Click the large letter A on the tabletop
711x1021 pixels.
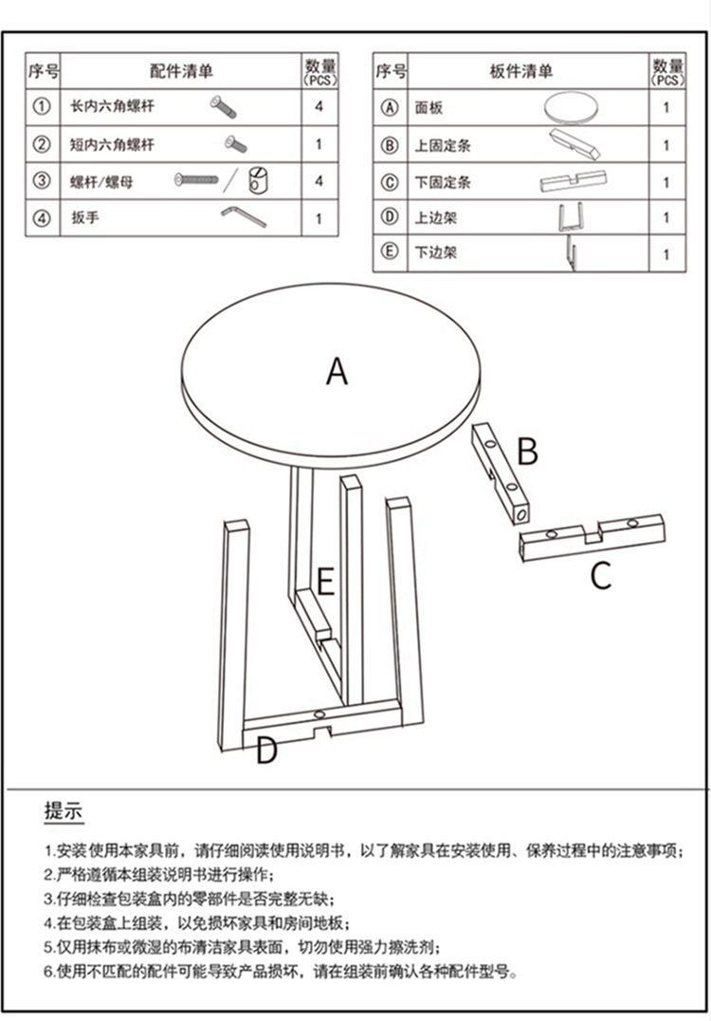pyautogui.click(x=337, y=371)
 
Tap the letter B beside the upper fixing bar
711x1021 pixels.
pyautogui.click(x=527, y=451)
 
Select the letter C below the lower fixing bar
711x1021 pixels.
pyautogui.click(x=601, y=575)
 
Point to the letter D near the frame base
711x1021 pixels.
pyautogui.click(x=266, y=751)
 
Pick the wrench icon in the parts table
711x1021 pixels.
pyautogui.click(x=244, y=216)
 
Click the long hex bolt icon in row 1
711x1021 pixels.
pyautogui.click(x=223, y=107)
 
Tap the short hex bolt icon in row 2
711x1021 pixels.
pyautogui.click(x=235, y=144)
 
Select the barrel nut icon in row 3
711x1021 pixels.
pyautogui.click(x=258, y=180)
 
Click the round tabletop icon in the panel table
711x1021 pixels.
pyautogui.click(x=571, y=108)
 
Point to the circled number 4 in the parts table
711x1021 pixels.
pyautogui.click(x=42, y=218)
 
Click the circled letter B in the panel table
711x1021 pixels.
pyautogui.click(x=389, y=144)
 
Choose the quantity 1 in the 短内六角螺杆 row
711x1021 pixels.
pyautogui.click(x=319, y=144)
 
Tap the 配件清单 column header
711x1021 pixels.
pyautogui.click(x=181, y=70)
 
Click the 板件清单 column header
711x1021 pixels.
pyautogui.click(x=521, y=70)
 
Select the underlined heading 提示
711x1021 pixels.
pyautogui.click(x=64, y=810)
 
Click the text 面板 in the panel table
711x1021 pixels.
pyautogui.click(x=428, y=107)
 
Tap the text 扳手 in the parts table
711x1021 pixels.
pyautogui.click(x=85, y=217)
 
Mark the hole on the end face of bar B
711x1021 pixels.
pyautogui.click(x=520, y=515)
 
